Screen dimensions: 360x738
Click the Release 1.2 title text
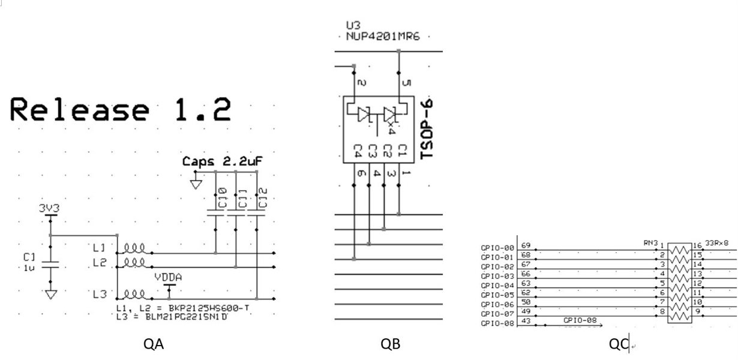click(120, 110)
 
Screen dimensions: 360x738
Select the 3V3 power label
click(49, 209)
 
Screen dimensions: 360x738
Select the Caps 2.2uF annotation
click(223, 161)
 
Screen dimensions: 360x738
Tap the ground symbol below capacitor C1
click(51, 294)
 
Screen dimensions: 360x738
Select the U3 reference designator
click(352, 26)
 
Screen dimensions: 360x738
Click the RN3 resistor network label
click(649, 242)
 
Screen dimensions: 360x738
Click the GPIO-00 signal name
click(497, 248)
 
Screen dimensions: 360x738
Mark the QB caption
click(390, 344)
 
